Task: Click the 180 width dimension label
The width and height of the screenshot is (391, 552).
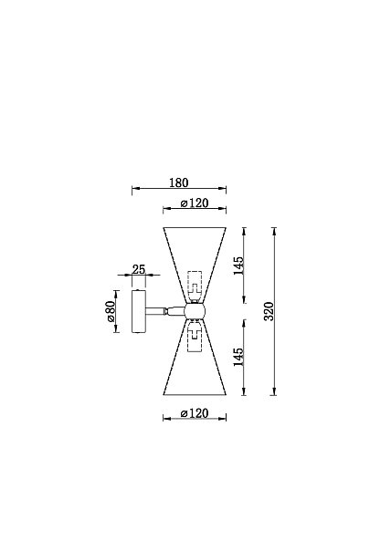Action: click(x=179, y=182)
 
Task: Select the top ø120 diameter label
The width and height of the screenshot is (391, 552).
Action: click(x=195, y=203)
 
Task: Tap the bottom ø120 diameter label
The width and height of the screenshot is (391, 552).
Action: click(x=195, y=413)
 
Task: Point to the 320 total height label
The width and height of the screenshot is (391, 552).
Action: click(x=269, y=311)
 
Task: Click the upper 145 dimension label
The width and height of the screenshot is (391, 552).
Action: click(x=238, y=266)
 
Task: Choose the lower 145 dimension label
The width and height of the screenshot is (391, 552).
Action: click(x=238, y=357)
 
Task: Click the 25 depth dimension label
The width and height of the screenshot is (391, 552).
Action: click(x=139, y=269)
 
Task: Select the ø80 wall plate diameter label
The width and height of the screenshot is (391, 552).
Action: click(x=110, y=311)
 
